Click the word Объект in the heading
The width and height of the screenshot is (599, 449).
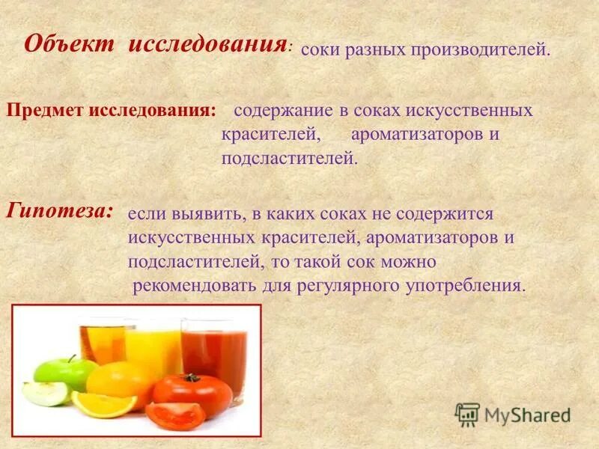(70, 43)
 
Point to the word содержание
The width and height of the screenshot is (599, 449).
(282, 111)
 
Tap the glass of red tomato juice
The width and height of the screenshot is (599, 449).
(214, 349)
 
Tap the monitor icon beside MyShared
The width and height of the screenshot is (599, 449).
(467, 414)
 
